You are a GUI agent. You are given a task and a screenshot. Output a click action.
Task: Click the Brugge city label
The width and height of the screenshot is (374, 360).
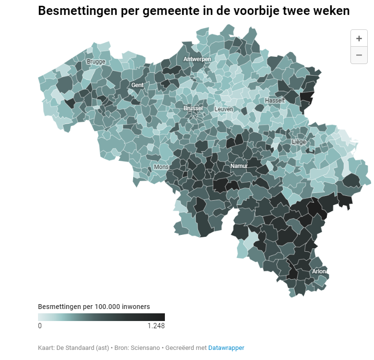pyautogui.click(x=96, y=62)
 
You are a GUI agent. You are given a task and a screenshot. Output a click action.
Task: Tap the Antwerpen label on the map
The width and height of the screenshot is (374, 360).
pyautogui.click(x=197, y=59)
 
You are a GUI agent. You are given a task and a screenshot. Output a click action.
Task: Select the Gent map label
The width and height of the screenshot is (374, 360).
pyautogui.click(x=137, y=85)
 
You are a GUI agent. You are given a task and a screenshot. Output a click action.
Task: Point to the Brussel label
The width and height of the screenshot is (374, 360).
pyautogui.click(x=193, y=109)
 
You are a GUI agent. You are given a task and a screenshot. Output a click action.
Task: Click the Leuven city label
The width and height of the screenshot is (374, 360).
pyautogui.click(x=224, y=109)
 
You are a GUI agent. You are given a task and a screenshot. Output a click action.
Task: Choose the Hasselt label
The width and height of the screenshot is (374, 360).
pyautogui.click(x=274, y=101)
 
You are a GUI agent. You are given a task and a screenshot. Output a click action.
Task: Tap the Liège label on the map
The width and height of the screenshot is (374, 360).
pyautogui.click(x=299, y=142)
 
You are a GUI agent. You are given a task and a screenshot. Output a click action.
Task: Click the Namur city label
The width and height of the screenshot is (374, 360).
pyautogui.click(x=239, y=166)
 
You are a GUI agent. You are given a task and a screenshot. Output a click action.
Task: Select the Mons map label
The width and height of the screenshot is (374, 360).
pyautogui.click(x=161, y=167)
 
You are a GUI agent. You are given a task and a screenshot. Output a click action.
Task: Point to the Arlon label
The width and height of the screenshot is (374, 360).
pyautogui.click(x=319, y=271)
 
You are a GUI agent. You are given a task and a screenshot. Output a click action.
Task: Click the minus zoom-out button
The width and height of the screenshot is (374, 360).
pyautogui.click(x=359, y=55)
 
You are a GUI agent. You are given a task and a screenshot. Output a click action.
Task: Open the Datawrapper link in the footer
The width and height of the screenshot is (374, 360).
pyautogui.click(x=226, y=347)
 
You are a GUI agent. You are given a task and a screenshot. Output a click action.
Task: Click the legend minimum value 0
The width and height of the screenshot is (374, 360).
pyautogui.click(x=40, y=326)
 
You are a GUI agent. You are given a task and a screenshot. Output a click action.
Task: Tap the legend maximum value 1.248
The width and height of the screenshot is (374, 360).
pyautogui.click(x=156, y=326)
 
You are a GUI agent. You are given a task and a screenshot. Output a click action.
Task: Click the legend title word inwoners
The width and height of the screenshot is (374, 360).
pyautogui.click(x=136, y=307)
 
